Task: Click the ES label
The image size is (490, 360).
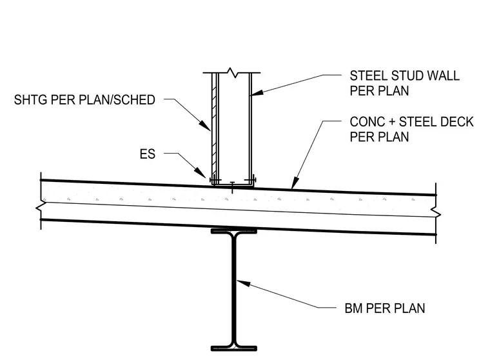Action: click(148, 154)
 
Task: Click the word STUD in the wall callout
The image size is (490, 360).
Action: click(408, 75)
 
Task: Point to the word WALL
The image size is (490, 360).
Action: click(444, 75)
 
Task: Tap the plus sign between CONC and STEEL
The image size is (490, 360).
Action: click(392, 123)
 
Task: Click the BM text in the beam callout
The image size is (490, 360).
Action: click(354, 308)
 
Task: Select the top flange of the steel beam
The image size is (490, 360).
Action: click(234, 231)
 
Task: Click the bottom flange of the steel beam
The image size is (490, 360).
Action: click(234, 348)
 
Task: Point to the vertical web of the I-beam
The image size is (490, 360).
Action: click(234, 290)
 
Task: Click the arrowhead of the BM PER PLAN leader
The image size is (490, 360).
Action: click(243, 283)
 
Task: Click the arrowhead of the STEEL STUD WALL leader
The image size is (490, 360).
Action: click(257, 92)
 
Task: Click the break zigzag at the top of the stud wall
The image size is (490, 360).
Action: click(231, 72)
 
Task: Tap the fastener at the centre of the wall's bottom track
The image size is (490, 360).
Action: click(232, 187)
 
